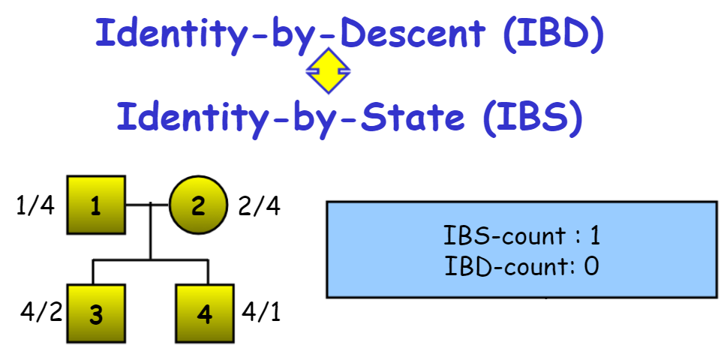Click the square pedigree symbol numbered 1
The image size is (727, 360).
[96, 205]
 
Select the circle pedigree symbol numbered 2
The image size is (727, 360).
[197, 205]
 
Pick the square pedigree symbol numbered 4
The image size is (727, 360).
[206, 314]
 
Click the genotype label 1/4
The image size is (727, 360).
[35, 205]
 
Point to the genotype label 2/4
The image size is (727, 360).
[259, 205]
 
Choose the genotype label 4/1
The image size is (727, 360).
[261, 311]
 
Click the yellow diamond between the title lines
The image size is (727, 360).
[329, 71]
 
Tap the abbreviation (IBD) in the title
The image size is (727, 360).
[553, 34]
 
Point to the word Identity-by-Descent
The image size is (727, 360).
[290, 34]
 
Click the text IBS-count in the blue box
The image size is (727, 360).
[504, 236]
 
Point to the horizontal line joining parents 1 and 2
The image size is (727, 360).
[147, 204]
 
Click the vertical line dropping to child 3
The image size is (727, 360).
[93, 271]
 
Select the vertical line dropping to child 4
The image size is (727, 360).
[208, 271]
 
